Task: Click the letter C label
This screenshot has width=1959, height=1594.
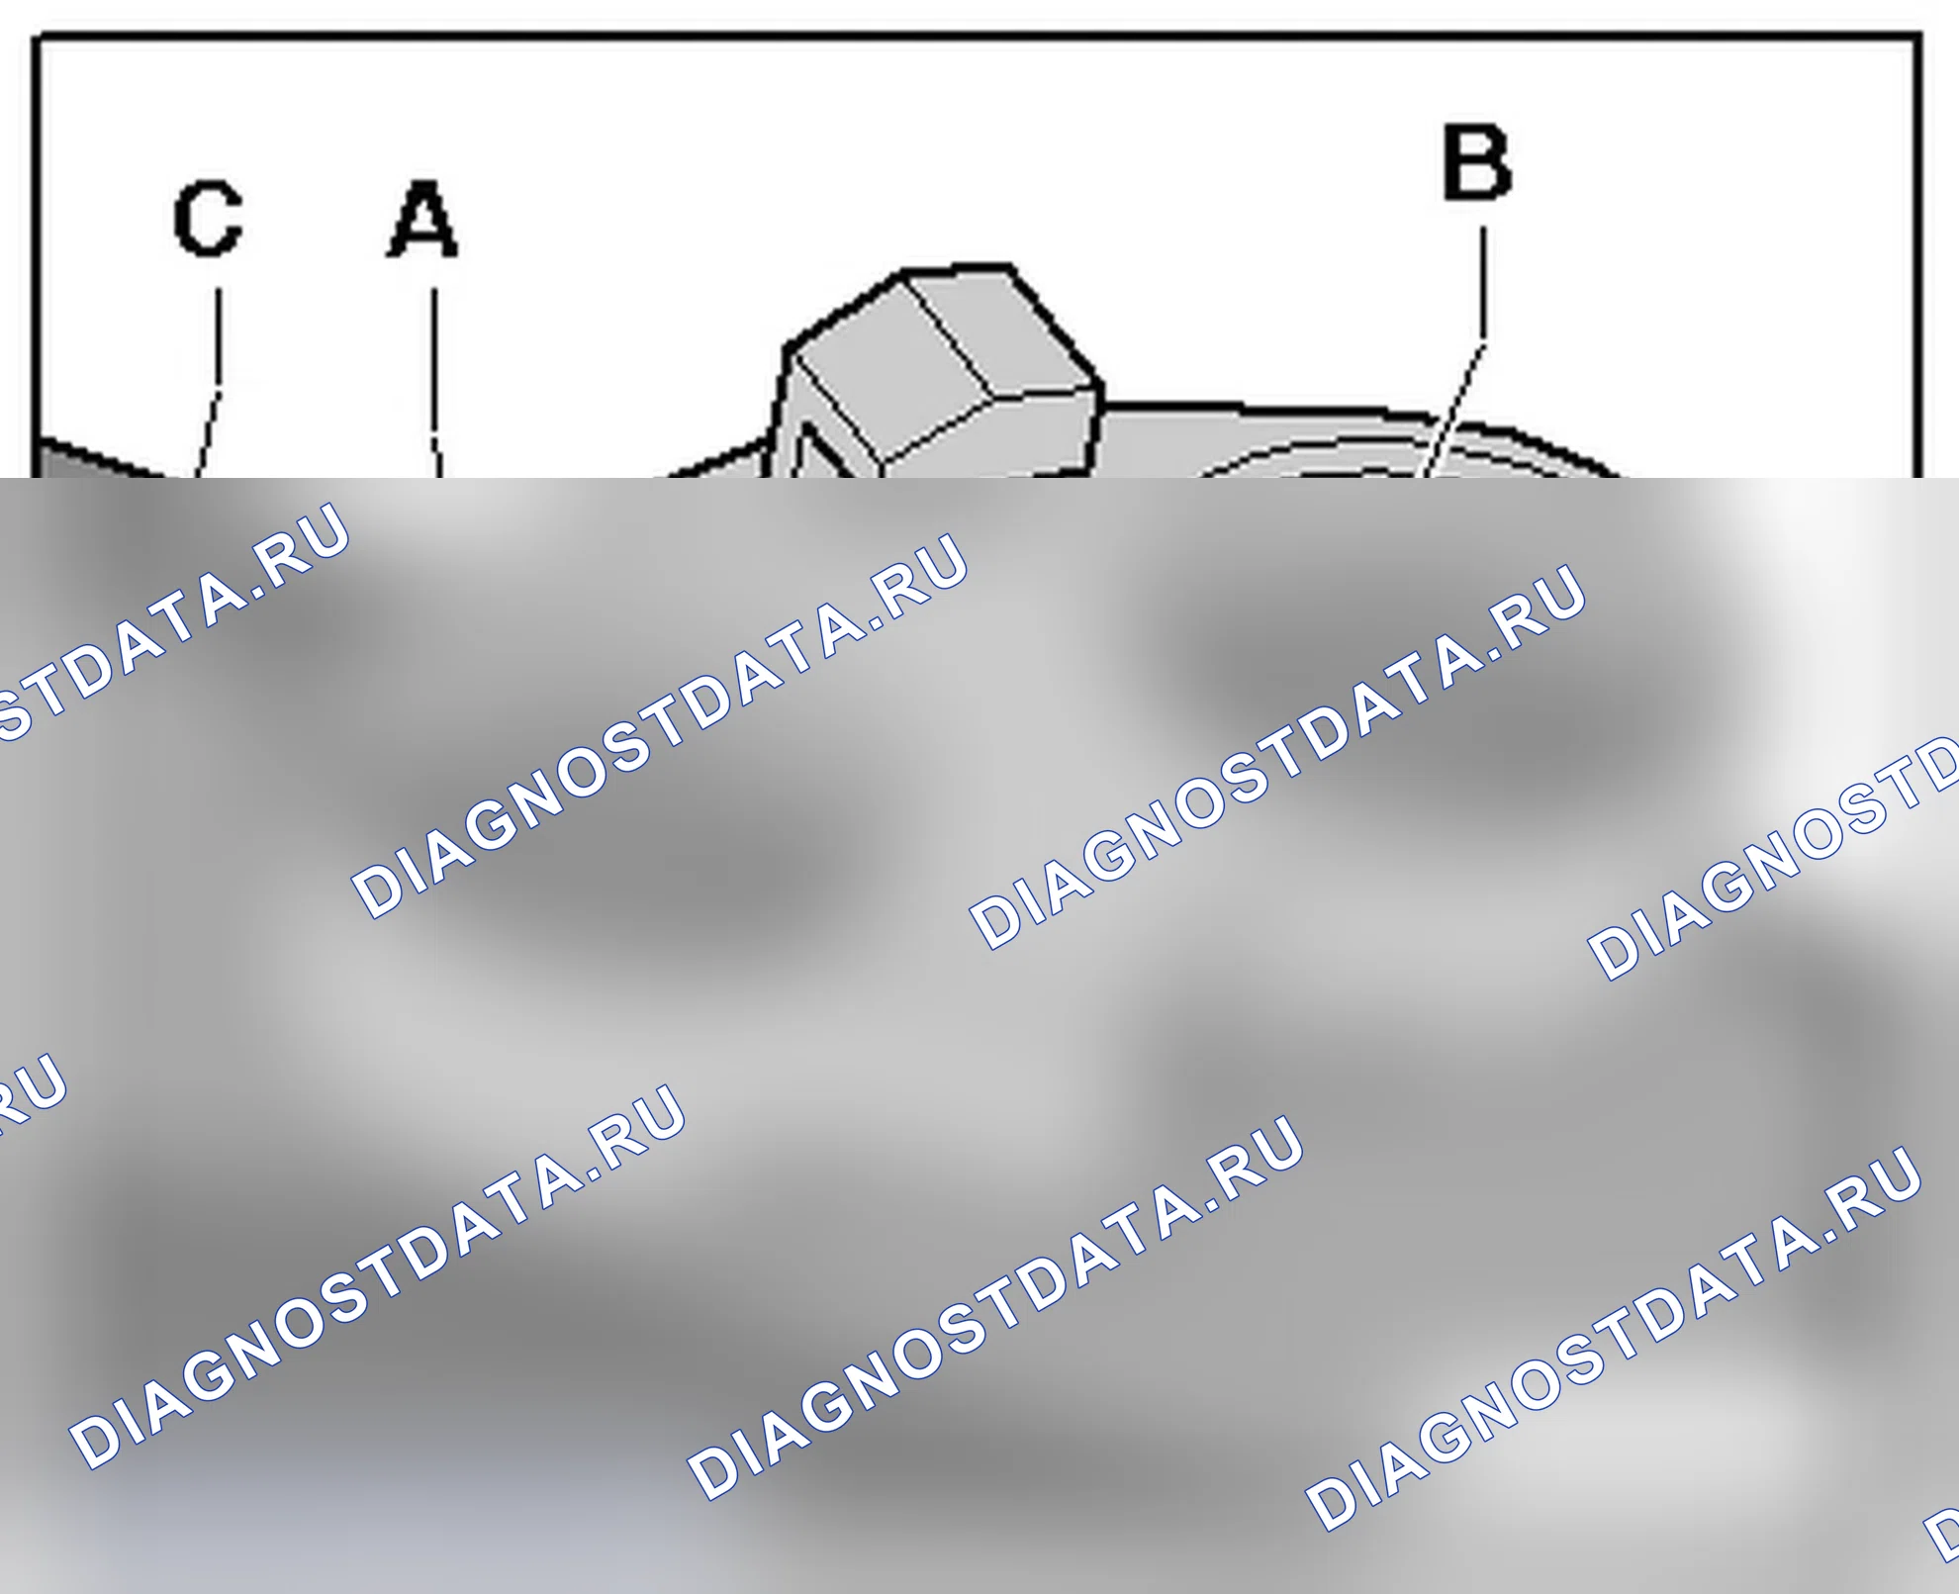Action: point(208,218)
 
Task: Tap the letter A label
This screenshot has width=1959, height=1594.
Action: point(421,219)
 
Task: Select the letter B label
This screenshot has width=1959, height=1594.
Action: point(1477,162)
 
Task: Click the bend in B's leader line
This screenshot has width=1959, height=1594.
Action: point(1483,338)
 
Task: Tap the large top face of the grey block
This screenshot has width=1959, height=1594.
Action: point(890,366)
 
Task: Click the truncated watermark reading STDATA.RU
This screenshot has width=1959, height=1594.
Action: point(168,623)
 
